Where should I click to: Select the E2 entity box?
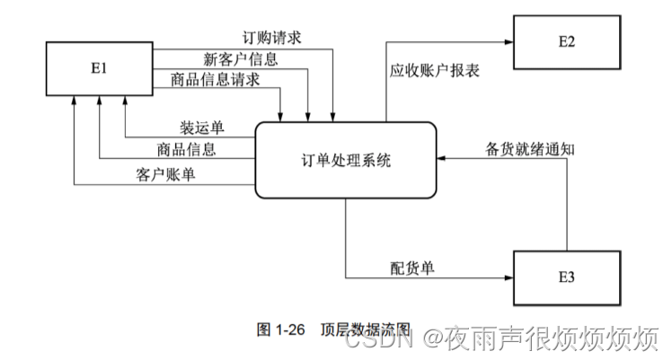coord(565,41)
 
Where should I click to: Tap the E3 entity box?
coord(565,277)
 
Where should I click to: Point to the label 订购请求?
coord(271,39)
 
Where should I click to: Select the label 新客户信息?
coord(241,59)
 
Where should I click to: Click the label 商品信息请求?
coord(216,80)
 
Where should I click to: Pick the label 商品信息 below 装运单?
coord(186,149)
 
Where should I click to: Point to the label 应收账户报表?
coord(434,70)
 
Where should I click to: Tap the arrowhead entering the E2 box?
coord(508,41)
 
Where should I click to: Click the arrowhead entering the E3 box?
coord(508,278)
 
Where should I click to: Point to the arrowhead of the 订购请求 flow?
coord(333,117)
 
